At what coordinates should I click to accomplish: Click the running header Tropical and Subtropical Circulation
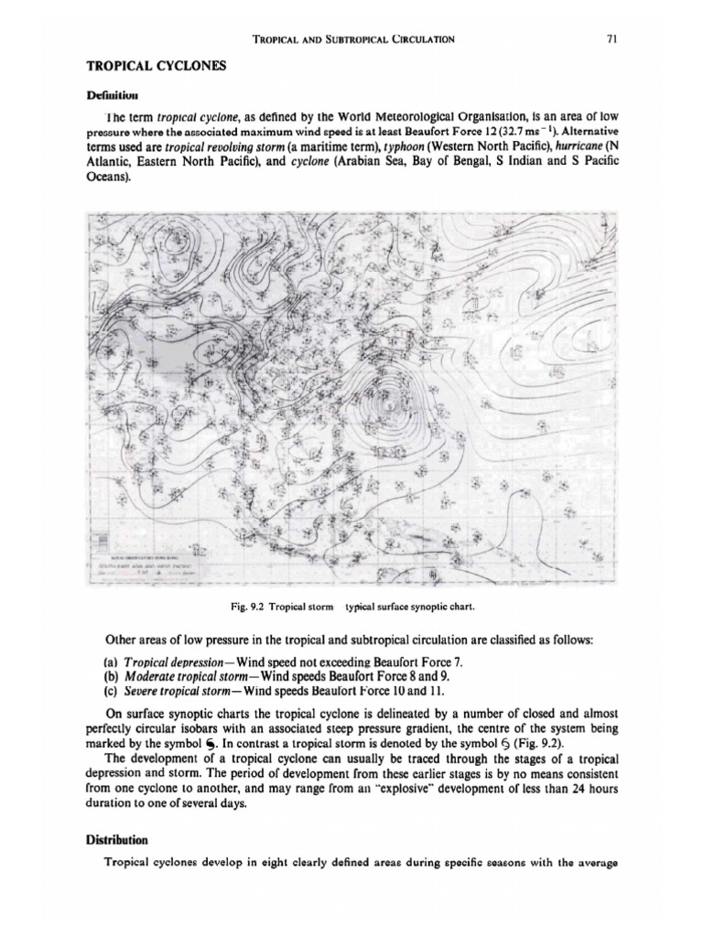[352, 38]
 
